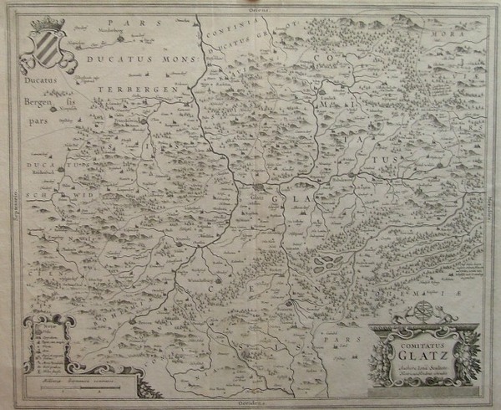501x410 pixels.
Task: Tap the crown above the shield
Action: pyautogui.click(x=48, y=23)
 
